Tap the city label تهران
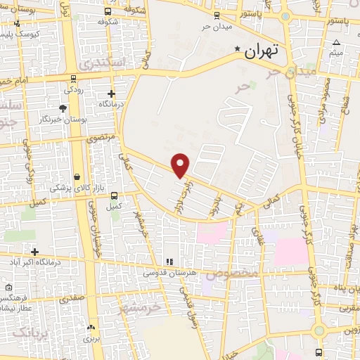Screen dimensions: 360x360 262,51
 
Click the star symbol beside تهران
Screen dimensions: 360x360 238,51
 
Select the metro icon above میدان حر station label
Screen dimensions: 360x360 217,15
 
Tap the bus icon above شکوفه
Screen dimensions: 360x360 107,12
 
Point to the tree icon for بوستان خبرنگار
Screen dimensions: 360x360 63,108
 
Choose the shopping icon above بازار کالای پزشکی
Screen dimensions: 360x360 75,176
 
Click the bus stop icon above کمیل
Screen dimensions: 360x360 114,196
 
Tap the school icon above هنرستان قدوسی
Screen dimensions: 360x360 169,262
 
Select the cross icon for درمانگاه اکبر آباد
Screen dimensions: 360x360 34,251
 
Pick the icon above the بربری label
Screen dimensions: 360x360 91,327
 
